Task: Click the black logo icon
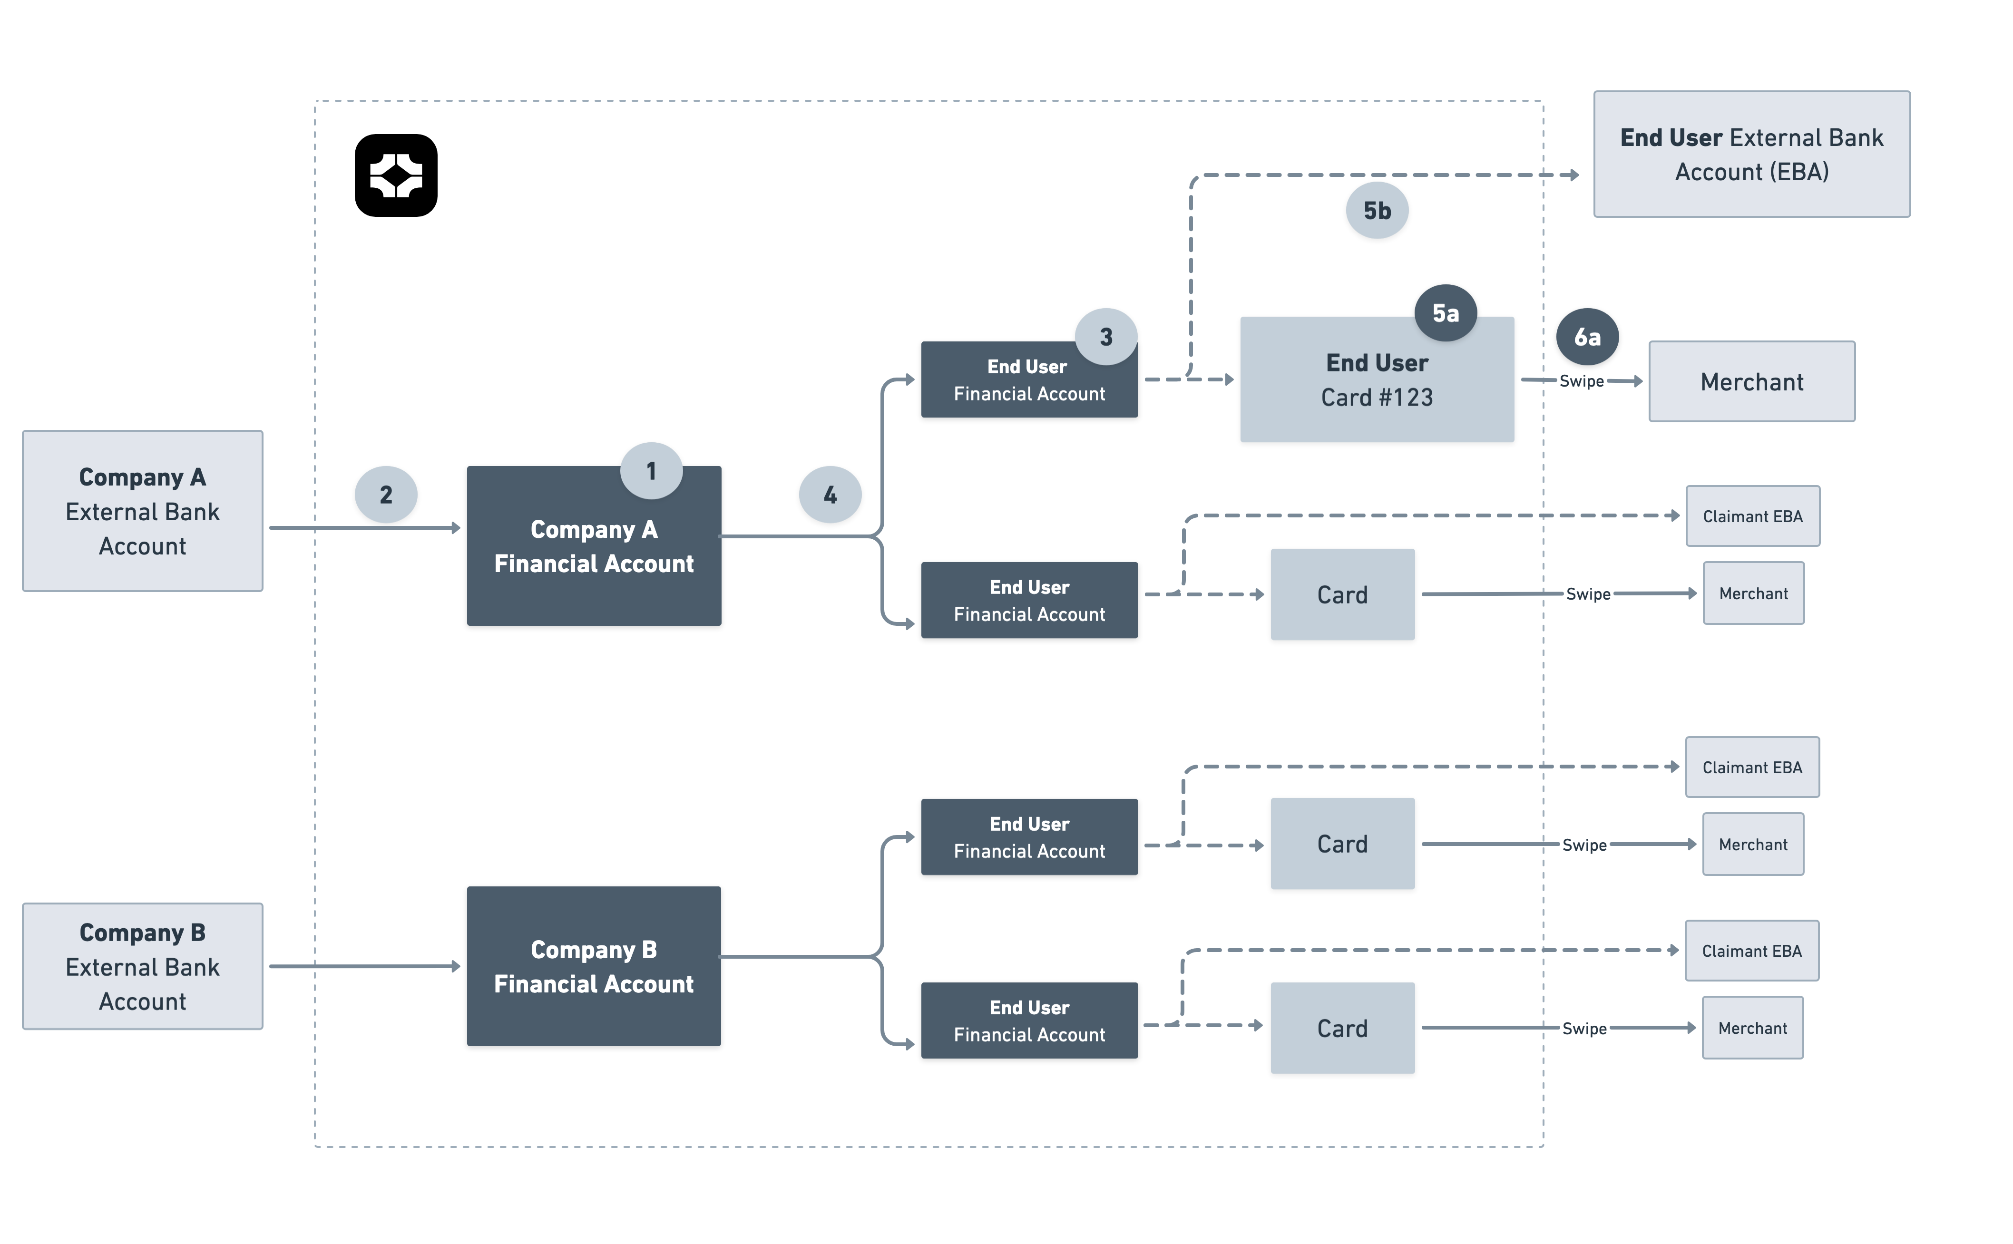click(x=396, y=175)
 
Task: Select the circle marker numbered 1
click(x=651, y=471)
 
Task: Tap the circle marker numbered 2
click(x=386, y=495)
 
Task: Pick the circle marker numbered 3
click(x=1105, y=337)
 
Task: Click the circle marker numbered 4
click(x=830, y=495)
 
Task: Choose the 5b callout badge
click(x=1377, y=211)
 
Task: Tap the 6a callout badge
click(x=1587, y=337)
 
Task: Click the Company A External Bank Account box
click(x=142, y=511)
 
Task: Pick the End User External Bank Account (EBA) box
click(x=1751, y=155)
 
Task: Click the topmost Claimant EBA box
click(x=1752, y=516)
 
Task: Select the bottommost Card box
click(x=1342, y=1028)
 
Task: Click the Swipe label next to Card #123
click(x=1581, y=381)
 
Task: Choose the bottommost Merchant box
click(x=1752, y=1028)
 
